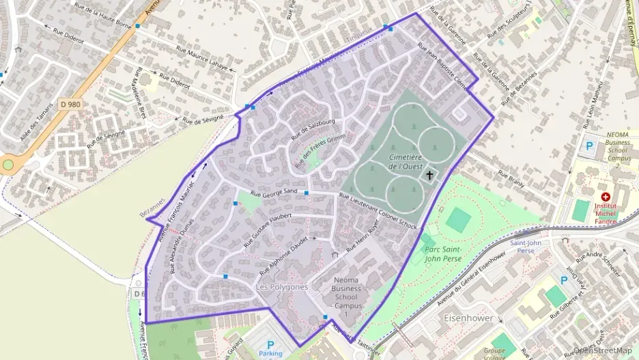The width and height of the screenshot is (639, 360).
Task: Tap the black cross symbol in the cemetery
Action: pyautogui.click(x=430, y=176)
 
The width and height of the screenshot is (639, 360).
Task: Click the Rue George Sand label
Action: pyautogui.click(x=273, y=193)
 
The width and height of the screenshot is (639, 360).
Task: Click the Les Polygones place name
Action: pyautogui.click(x=281, y=287)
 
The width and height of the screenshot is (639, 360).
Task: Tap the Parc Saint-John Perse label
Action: pyautogui.click(x=442, y=254)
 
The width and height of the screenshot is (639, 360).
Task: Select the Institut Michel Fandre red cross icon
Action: pyautogui.click(x=605, y=197)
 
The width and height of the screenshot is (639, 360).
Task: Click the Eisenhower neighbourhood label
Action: pyautogui.click(x=468, y=319)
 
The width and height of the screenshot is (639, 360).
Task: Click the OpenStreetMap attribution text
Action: pyautogui.click(x=603, y=350)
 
